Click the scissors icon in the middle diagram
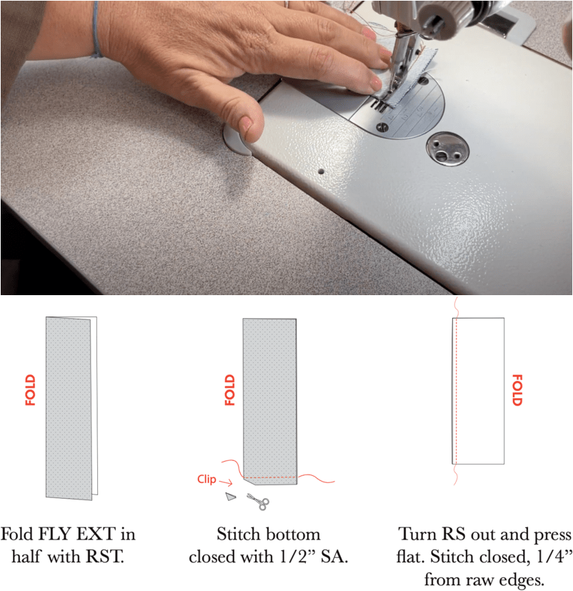click(x=259, y=502)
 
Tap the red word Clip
click(x=206, y=479)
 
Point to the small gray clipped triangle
click(x=231, y=497)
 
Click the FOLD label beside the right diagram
click(x=517, y=390)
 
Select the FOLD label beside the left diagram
click(x=30, y=390)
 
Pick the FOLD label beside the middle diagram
click(x=230, y=390)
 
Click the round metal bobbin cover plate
click(x=447, y=149)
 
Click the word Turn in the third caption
click(x=417, y=534)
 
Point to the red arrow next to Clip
click(x=226, y=482)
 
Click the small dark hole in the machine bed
click(x=322, y=172)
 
